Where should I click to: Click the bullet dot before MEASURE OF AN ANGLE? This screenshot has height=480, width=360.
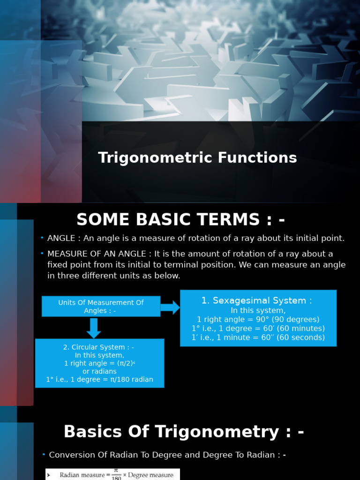(x=42, y=254)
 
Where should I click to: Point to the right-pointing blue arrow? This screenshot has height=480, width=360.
(x=170, y=307)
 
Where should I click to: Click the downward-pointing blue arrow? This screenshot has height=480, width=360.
(x=94, y=328)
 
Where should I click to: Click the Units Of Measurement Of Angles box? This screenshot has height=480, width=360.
(x=101, y=307)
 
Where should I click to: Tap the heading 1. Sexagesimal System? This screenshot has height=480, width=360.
(x=256, y=300)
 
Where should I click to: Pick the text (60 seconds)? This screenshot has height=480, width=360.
(x=301, y=337)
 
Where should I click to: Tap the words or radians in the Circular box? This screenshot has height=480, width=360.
(x=99, y=371)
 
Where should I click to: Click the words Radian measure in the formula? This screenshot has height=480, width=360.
(x=79, y=475)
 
